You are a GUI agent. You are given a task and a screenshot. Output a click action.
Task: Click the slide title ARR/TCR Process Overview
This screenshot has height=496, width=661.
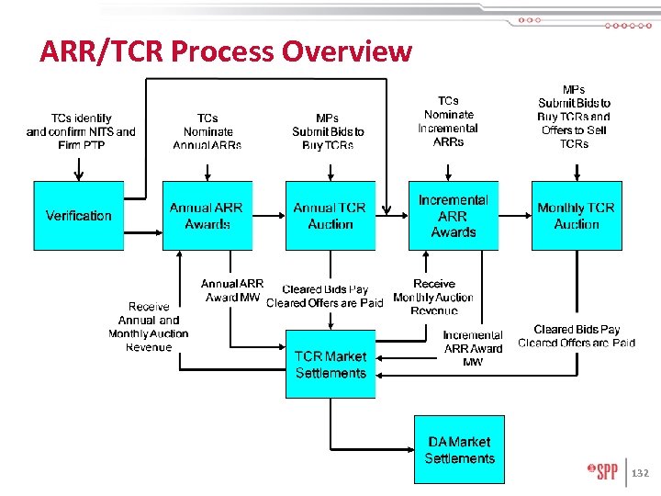[x=226, y=51]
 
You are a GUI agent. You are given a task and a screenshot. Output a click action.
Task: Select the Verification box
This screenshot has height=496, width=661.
[x=79, y=216]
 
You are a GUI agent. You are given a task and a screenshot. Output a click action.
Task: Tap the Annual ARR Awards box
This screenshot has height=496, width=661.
[x=207, y=216]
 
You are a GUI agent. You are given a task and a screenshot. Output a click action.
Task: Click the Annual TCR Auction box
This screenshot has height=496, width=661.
[x=330, y=216]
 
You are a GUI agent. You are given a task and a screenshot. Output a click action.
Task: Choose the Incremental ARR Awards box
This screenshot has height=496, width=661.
[x=454, y=216]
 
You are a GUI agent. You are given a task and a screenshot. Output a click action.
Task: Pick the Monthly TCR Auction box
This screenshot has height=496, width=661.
[x=577, y=216]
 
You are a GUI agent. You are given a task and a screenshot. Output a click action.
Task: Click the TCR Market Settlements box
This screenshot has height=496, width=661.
[x=330, y=365]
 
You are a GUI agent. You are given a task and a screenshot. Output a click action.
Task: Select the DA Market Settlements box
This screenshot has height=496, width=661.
[x=459, y=450]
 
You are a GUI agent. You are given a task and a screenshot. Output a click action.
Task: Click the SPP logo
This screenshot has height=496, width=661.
[x=603, y=472]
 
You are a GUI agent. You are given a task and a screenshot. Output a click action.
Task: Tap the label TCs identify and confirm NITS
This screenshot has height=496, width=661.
[x=81, y=131]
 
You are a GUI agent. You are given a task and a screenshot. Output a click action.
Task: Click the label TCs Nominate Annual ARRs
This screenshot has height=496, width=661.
[x=207, y=131]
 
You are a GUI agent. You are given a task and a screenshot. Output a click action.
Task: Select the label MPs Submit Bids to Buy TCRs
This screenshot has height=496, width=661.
[x=328, y=131]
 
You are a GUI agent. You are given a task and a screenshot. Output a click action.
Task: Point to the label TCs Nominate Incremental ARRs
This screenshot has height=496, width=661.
[x=448, y=121]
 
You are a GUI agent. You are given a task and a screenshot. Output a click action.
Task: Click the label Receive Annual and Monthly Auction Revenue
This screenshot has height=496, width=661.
[x=148, y=327]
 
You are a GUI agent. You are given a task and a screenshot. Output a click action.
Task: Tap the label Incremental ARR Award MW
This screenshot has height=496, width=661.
[x=473, y=348]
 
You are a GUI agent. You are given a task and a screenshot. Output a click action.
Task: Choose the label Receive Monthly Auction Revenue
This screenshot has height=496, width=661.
[x=433, y=298]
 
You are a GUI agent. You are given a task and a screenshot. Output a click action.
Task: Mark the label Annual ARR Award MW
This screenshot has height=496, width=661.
[x=232, y=291]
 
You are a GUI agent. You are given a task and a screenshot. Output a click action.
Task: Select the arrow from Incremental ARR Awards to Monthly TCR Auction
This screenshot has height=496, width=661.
[x=515, y=216]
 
